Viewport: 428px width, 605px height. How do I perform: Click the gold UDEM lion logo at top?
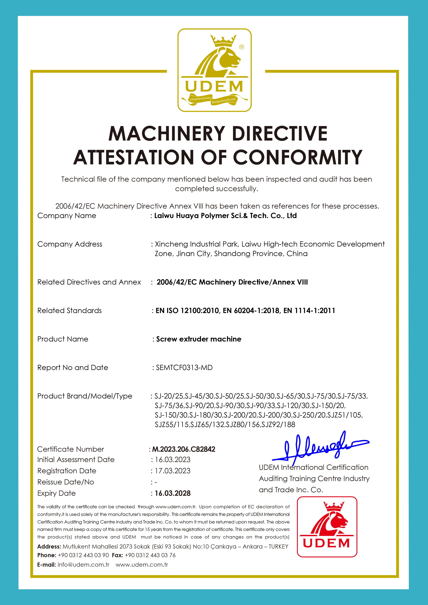[x=214, y=70]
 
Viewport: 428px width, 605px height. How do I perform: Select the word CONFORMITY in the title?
[x=298, y=157]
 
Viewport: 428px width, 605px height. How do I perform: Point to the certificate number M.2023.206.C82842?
[x=184, y=449]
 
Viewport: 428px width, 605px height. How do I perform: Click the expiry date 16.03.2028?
[x=173, y=493]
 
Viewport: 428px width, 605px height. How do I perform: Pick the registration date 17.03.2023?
[x=173, y=471]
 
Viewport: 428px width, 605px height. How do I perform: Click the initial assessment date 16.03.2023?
[x=173, y=460]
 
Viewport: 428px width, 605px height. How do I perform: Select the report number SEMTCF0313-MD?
[x=184, y=368]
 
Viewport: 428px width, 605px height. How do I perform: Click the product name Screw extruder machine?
[x=199, y=339]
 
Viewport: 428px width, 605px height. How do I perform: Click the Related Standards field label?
[x=70, y=311]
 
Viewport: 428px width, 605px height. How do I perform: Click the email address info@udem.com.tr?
[x=83, y=565]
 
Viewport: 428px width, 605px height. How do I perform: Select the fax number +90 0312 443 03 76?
[x=150, y=555]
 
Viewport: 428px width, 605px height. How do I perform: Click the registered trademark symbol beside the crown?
[x=241, y=47]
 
